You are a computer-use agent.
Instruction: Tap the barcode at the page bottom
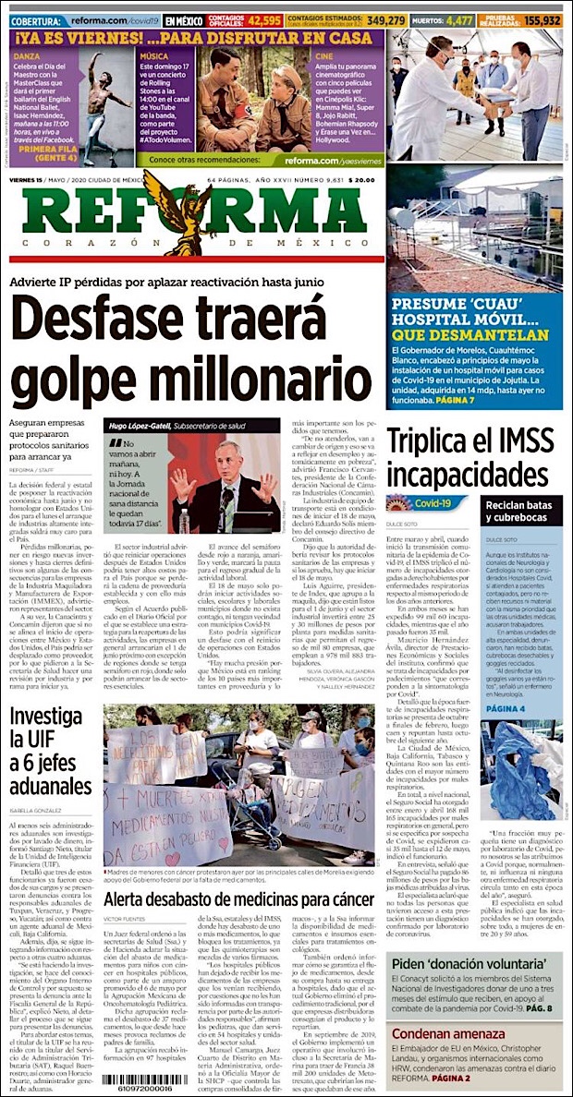(x=150, y=1079)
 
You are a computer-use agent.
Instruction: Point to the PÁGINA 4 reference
(x=506, y=708)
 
